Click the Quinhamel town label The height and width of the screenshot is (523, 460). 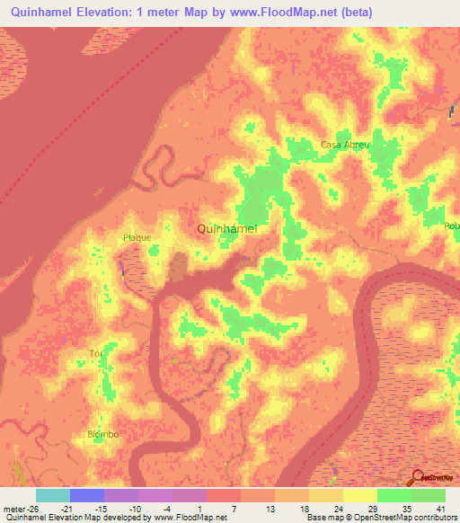(x=227, y=229)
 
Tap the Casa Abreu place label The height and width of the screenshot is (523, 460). (x=342, y=145)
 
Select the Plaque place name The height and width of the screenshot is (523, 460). (x=137, y=238)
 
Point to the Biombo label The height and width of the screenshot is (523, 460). (x=102, y=435)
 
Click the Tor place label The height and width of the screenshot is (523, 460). (x=95, y=353)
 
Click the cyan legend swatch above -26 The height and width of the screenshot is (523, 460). (x=53, y=495)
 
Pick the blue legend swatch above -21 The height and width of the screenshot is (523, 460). (x=87, y=495)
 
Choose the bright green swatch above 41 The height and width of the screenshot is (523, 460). (x=429, y=495)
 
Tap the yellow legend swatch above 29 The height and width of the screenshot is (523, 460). (x=360, y=495)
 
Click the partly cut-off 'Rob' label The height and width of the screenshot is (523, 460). (x=451, y=226)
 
